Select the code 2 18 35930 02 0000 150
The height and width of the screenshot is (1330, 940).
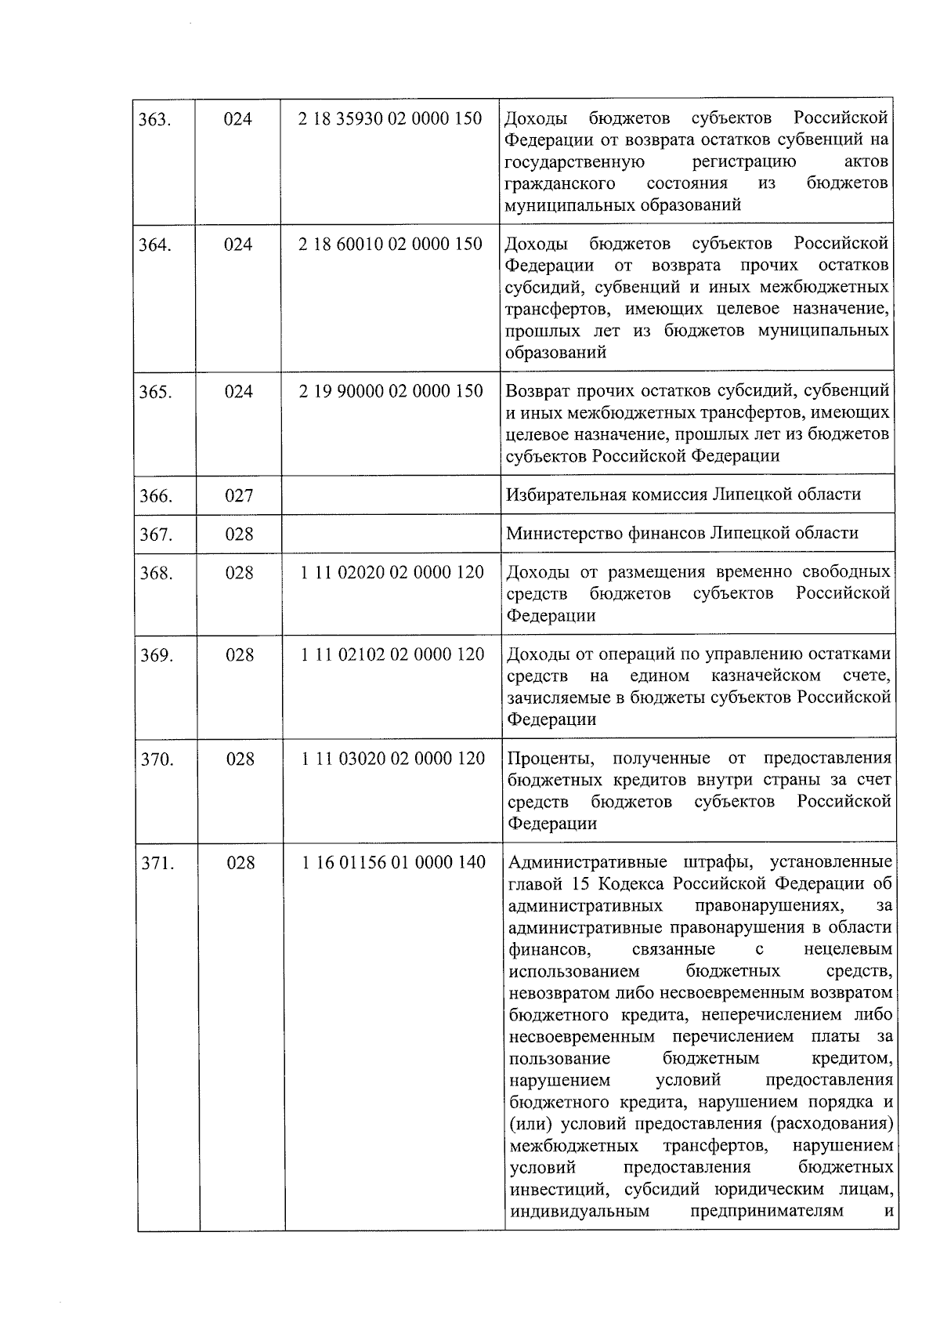tap(390, 119)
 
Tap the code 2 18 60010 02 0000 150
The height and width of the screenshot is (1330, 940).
tap(390, 244)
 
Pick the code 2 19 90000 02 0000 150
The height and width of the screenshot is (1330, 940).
tap(391, 391)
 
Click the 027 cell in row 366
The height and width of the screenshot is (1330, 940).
tap(239, 495)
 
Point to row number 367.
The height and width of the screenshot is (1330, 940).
tap(156, 535)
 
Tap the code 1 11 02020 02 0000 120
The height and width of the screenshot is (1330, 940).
tap(392, 573)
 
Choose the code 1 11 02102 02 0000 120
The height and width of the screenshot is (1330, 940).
tap(392, 654)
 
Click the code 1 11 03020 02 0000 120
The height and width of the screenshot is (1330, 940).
tap(393, 759)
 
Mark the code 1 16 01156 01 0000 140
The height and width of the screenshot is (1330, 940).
tap(394, 863)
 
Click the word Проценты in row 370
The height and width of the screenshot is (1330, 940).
tap(551, 759)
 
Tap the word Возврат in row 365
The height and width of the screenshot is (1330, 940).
tap(537, 391)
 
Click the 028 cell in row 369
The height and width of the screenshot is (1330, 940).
tap(240, 655)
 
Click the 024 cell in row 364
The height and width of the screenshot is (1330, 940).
tap(238, 245)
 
